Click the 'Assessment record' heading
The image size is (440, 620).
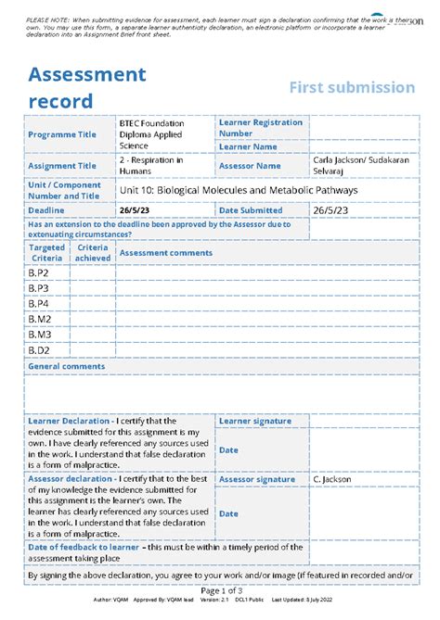point(86,87)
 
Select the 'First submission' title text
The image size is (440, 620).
point(351,87)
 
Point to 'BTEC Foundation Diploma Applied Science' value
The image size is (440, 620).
point(151,134)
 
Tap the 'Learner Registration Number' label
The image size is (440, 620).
point(260,127)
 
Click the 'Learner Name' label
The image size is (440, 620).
point(248,146)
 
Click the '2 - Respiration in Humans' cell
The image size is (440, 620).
point(151,166)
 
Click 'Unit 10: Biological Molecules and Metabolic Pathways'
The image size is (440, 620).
point(239,190)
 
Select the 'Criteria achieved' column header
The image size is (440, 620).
point(93,253)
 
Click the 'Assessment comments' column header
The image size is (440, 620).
point(166,253)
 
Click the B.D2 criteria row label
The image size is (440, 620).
point(38,350)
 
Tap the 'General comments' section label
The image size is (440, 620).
point(66,367)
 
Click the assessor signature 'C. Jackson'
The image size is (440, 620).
point(330,479)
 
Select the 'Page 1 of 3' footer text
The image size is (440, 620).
point(221,590)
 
